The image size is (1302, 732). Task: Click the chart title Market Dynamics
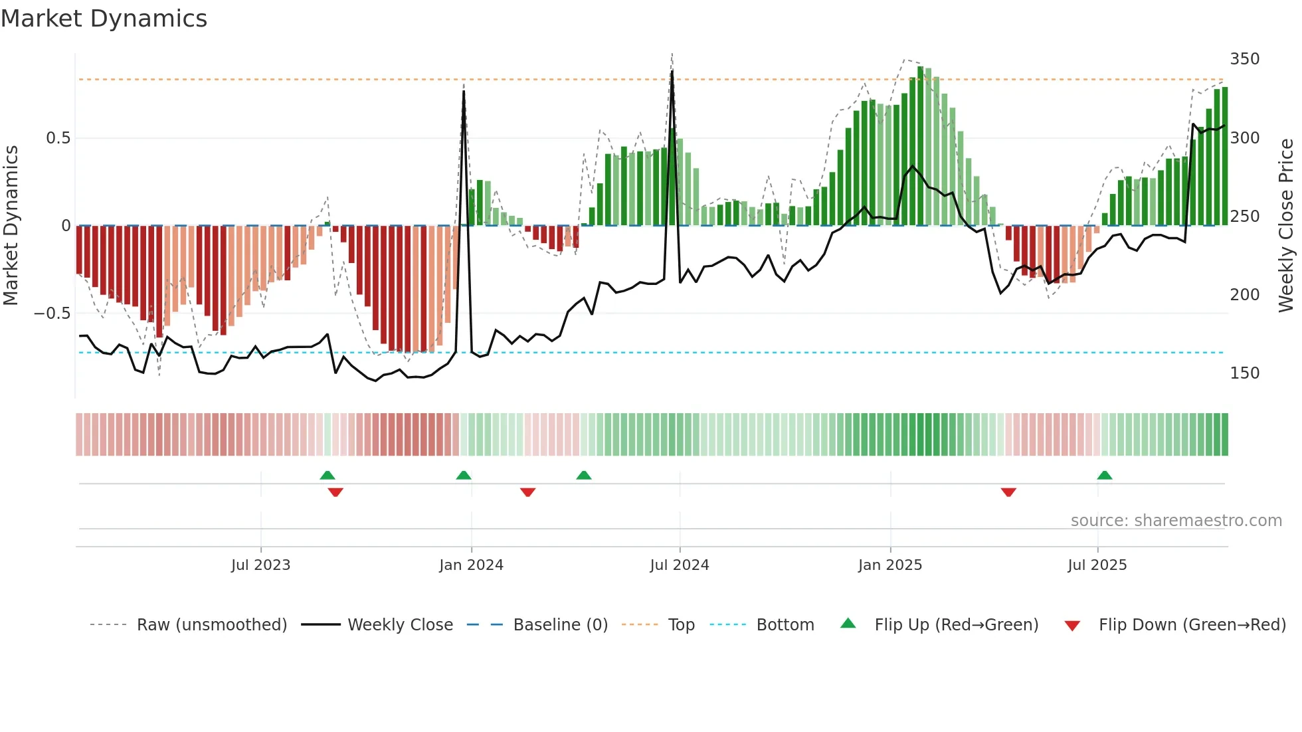(x=104, y=19)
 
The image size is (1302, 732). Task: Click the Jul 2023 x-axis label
(x=260, y=565)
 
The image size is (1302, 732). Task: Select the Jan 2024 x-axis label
(x=471, y=565)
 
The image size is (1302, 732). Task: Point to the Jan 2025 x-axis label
(x=889, y=565)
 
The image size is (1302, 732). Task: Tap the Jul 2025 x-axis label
(x=1097, y=565)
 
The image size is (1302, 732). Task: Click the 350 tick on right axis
(x=1244, y=59)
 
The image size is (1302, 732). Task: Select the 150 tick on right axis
(x=1244, y=373)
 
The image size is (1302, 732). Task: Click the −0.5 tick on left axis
(x=52, y=314)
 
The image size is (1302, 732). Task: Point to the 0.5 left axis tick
(x=58, y=138)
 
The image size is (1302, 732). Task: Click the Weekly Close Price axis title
(x=1286, y=226)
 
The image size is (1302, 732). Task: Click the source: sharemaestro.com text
(x=1176, y=521)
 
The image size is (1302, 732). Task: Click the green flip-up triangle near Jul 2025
(x=1104, y=476)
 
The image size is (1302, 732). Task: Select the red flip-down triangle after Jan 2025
(x=1008, y=492)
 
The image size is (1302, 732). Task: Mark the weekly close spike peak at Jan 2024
(x=464, y=92)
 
